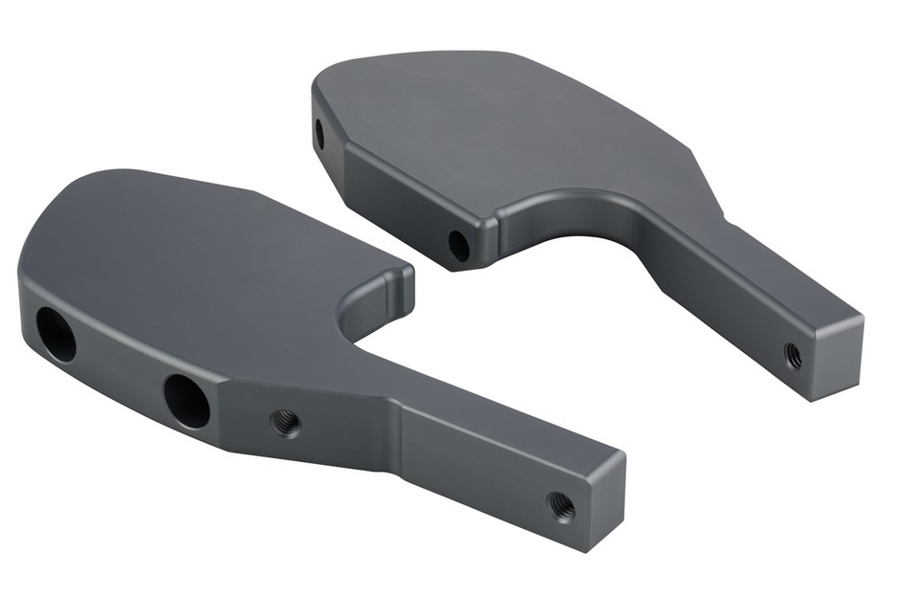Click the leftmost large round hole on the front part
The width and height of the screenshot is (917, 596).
55,334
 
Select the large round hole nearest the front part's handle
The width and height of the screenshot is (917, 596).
186,400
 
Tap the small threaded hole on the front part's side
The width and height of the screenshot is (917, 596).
285,422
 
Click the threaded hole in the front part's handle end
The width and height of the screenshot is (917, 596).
561,505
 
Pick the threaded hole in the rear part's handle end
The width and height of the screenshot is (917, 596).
793,356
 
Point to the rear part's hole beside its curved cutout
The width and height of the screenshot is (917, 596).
459,246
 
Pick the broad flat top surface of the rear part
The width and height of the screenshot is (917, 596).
497,124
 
